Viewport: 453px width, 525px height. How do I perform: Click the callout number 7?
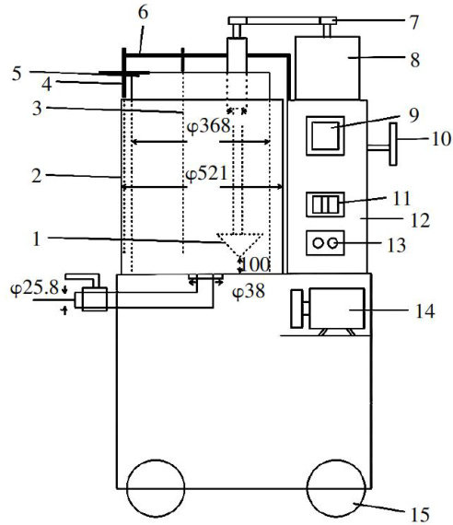click(x=414, y=22)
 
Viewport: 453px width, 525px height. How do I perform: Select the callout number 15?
click(x=420, y=514)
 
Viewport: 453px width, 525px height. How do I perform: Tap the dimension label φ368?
click(x=209, y=127)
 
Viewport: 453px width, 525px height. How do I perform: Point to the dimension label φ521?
click(x=206, y=174)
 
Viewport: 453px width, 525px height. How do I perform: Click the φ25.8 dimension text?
click(x=35, y=288)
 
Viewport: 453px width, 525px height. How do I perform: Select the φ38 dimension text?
click(x=249, y=291)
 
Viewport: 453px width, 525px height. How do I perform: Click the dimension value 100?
click(x=255, y=265)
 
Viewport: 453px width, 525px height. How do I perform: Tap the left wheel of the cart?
click(x=156, y=488)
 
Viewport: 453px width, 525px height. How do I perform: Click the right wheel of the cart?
click(x=336, y=488)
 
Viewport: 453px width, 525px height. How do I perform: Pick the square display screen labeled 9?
click(x=325, y=136)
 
